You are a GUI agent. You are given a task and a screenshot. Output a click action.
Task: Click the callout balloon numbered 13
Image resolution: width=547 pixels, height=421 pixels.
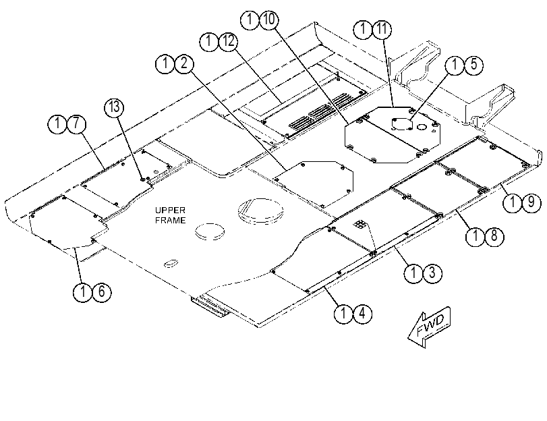coord(115,107)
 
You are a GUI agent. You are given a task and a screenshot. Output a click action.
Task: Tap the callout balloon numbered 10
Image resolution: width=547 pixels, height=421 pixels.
coord(269,19)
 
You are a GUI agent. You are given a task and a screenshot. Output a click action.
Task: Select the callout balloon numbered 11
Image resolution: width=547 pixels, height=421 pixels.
coord(382,29)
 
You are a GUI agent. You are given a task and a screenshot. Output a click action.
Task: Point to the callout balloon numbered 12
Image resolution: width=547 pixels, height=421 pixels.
coord(228,42)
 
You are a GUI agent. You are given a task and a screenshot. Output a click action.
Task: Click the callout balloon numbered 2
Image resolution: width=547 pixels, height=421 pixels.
coord(184,63)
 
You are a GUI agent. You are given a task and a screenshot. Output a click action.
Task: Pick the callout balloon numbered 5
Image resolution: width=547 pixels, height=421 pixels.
coord(473,65)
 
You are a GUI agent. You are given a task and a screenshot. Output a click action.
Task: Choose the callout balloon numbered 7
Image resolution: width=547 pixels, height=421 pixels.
coord(76,124)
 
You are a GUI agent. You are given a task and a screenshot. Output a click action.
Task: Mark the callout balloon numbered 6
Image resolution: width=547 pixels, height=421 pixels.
coord(102,292)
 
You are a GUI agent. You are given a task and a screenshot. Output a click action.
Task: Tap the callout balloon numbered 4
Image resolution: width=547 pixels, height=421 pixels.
coord(362,314)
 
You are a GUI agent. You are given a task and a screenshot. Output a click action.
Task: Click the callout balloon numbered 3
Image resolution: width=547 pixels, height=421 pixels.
coord(432,273)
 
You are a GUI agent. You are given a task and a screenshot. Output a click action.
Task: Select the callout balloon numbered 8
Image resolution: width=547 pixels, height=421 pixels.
coord(494,236)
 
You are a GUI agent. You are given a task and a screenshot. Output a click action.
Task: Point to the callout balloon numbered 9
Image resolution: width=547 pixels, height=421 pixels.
coord(531,202)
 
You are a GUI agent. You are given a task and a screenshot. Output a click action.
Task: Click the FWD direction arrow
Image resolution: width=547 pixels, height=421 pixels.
coord(430,327)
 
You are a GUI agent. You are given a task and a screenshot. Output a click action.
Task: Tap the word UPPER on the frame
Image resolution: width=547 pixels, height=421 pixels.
coord(170,210)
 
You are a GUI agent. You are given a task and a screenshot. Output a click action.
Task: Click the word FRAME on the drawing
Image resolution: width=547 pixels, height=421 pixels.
coord(170,220)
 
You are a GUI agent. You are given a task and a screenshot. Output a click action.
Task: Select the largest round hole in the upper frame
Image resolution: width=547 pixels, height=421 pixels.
coord(260,212)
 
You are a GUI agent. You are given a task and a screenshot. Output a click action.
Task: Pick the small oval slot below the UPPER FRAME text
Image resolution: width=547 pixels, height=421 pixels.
coord(171,264)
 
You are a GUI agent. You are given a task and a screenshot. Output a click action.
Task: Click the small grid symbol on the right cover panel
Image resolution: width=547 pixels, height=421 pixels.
coord(359,225)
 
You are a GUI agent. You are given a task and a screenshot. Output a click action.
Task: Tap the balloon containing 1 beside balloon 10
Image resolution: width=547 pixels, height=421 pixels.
coord(250,19)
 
